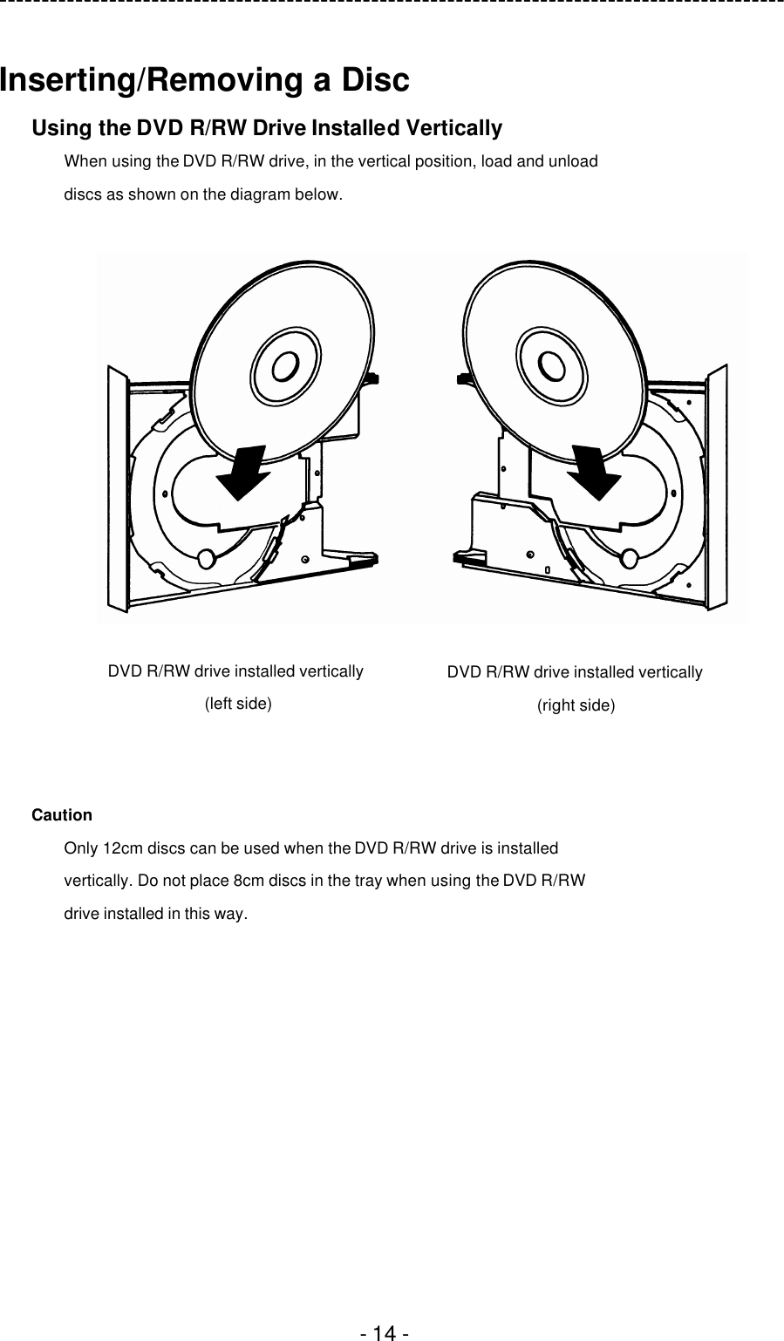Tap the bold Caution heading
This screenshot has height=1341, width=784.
[62, 815]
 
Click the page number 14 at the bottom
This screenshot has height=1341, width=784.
[385, 1333]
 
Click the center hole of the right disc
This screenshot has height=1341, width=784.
[551, 364]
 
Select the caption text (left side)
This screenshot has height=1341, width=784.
[237, 704]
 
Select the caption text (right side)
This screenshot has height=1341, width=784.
[575, 705]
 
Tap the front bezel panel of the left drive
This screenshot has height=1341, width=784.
[118, 488]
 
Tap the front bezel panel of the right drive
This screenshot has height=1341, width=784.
[718, 488]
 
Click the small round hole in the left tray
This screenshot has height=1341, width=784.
[207, 558]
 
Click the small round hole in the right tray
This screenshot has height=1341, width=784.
[631, 558]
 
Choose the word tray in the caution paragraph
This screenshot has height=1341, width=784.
[368, 881]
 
